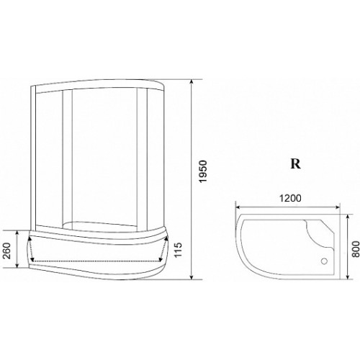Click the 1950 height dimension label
point(203,171)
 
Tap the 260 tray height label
point(8,251)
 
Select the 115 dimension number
point(179,250)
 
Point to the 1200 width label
point(290,198)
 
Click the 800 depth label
point(356,249)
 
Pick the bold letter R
point(296,164)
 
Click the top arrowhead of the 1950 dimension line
point(192,81)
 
